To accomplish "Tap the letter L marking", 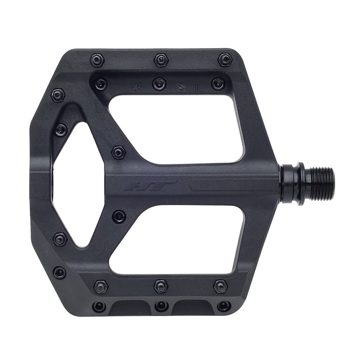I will [199, 88].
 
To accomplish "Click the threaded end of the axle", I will [322, 184].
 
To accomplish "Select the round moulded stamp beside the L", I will [181, 87].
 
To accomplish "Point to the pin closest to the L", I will [218, 84].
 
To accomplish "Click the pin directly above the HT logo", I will [118, 152].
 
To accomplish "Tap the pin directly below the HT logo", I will [119, 217].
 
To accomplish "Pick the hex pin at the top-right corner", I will [225, 59].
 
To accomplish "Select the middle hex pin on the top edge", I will [161, 60].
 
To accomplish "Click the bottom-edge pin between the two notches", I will [161, 306].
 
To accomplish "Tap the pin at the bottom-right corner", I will [224, 306].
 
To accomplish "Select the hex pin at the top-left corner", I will [97, 60].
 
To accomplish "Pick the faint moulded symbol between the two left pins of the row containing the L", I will [136, 87].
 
